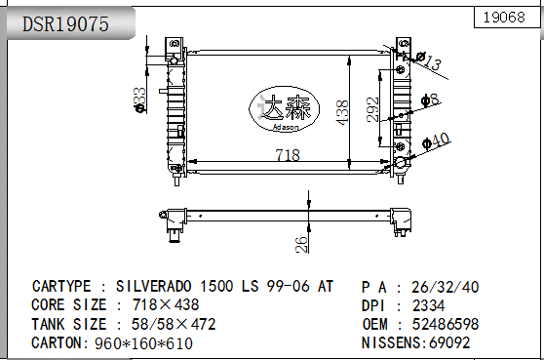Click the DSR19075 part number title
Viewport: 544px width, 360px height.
[65, 24]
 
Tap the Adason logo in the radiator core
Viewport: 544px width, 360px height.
[287, 107]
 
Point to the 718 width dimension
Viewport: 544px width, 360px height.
[287, 155]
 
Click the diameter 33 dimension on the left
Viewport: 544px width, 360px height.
[140, 98]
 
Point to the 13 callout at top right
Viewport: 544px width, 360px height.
[432, 64]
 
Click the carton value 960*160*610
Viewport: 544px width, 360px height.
[143, 343]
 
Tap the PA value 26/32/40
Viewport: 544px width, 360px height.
[446, 287]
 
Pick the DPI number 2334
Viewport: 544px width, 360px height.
[429, 305]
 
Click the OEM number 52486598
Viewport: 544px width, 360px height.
[446, 324]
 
